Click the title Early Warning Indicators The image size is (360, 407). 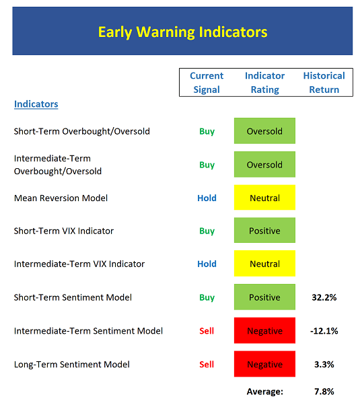coord(182,32)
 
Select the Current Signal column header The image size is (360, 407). coord(207,83)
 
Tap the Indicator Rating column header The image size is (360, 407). coord(264,83)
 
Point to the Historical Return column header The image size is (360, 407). coord(324,83)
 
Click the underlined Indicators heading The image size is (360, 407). coord(36,104)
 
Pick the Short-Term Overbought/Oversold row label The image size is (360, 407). coord(82,131)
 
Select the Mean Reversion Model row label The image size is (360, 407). coord(61,198)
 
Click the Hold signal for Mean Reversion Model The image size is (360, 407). coord(207,198)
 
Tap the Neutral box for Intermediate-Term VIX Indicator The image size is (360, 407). coord(264,264)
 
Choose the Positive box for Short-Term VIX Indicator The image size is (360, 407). coord(264,230)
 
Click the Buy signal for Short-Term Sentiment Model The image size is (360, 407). coord(207,297)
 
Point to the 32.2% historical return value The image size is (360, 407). coord(324,297)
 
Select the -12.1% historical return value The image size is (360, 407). coord(324,331)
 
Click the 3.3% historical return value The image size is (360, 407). coord(324,365)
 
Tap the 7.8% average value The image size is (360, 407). coord(324,392)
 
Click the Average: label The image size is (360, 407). coord(265,392)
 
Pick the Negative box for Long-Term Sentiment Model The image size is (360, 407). coord(264,364)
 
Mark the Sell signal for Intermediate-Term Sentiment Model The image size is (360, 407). coord(207,331)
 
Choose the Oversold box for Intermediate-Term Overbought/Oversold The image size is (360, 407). coord(264,164)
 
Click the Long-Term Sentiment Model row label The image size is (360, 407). coord(72,365)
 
